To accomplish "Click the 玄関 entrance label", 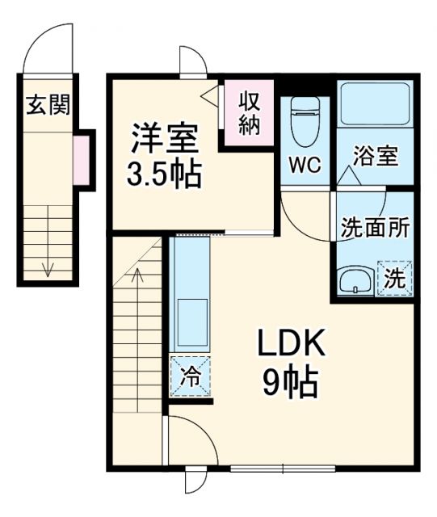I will coord(48,104).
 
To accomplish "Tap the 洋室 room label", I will coord(165,138).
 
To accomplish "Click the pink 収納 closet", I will coord(249,113).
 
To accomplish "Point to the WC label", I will coord(305,165).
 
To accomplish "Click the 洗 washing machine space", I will coord(393,280).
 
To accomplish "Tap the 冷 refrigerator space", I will coord(191,376).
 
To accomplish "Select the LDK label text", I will coord(291,345).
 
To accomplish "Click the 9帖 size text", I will coord(290,381).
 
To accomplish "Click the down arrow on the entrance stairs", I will coord(48,267).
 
